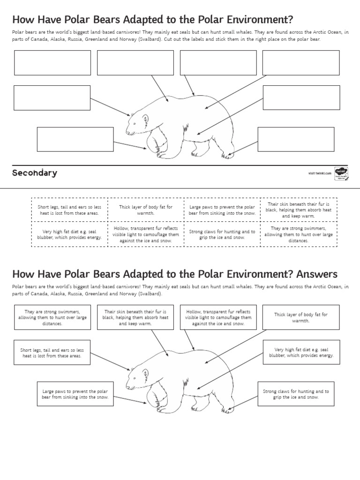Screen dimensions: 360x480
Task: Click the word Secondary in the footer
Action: click(34, 173)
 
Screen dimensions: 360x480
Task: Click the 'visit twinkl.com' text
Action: click(320, 173)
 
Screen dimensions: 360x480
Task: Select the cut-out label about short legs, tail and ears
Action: click(69, 210)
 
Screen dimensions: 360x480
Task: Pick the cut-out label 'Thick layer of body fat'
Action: click(146, 210)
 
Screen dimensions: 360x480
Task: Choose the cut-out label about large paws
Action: click(222, 210)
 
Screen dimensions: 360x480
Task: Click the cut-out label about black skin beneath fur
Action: click(299, 210)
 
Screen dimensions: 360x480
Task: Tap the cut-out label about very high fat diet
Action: click(69, 234)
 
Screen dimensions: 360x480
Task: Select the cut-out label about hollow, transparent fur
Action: click(146, 234)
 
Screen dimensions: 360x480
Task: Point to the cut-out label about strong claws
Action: click(222, 234)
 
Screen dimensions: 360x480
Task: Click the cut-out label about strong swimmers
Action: click(299, 234)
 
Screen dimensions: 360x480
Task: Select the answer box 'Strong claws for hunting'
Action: click(296, 394)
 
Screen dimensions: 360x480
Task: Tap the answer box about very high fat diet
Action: click(301, 352)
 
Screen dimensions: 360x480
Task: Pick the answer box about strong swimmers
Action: click(52, 317)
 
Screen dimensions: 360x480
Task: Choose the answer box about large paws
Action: click(75, 394)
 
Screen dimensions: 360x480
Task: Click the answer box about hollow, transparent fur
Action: click(218, 317)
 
